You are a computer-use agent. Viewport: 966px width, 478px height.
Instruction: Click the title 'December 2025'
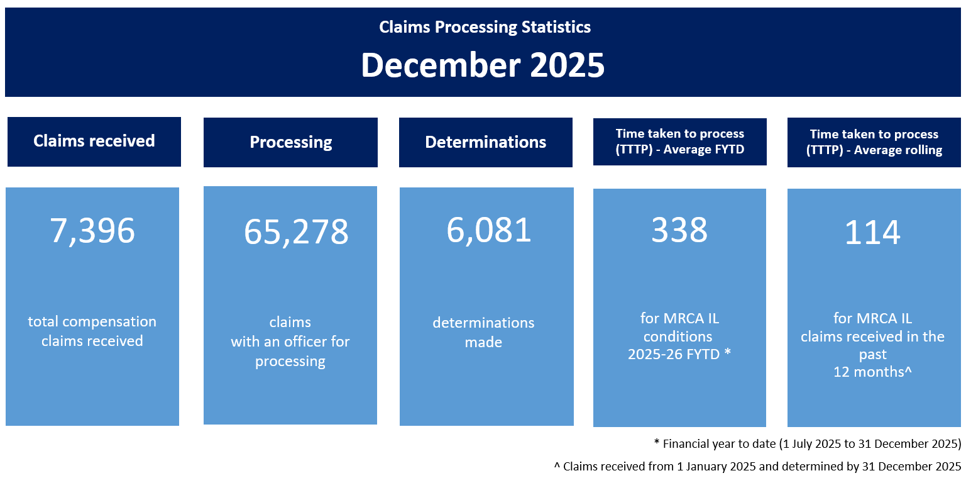tap(483, 65)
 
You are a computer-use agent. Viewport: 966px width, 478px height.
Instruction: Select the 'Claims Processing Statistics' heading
tap(485, 28)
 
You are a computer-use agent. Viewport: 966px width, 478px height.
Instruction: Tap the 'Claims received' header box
tap(94, 141)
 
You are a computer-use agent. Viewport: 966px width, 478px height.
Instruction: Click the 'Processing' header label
tap(290, 142)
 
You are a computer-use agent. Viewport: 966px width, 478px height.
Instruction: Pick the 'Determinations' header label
tap(485, 142)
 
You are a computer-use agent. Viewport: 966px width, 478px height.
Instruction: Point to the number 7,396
tap(92, 231)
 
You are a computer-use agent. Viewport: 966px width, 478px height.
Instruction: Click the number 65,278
tap(295, 232)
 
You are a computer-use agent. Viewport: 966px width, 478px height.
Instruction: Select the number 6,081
tap(489, 230)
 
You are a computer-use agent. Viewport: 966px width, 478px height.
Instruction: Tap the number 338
tap(679, 230)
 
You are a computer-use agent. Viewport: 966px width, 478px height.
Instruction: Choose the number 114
tap(872, 233)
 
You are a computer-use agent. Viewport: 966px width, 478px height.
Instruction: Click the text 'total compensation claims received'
tap(92, 331)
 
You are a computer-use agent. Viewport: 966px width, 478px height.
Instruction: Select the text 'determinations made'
tap(483, 332)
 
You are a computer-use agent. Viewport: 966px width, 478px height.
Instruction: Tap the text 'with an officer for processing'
tap(290, 351)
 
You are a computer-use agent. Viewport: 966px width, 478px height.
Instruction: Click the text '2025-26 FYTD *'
tap(679, 354)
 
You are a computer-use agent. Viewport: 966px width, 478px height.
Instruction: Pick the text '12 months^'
tap(872, 372)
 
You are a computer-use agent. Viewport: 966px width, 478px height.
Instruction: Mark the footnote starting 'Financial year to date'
tap(807, 443)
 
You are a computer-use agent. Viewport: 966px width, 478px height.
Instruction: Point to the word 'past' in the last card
tap(872, 354)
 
